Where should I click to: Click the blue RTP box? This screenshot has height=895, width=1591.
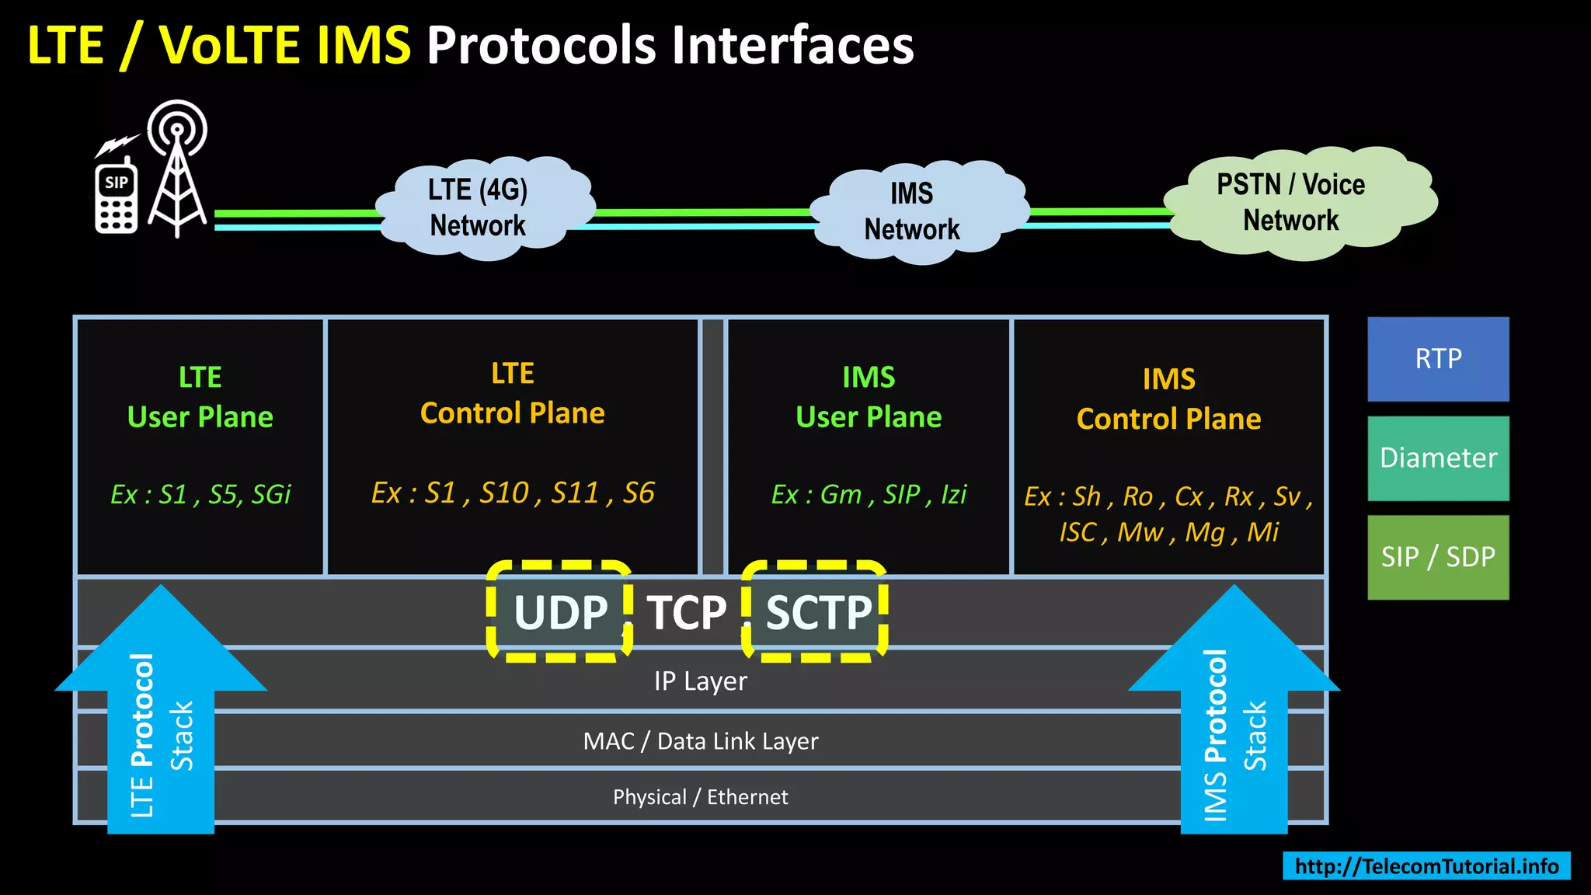pos(1438,359)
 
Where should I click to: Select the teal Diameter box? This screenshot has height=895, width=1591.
pos(1438,458)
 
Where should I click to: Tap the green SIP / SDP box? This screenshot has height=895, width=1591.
pos(1438,557)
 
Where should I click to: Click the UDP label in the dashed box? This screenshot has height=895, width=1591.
pos(560,613)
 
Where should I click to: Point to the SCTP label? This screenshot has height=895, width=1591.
pos(818,613)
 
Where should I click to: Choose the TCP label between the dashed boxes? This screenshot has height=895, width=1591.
pos(686,613)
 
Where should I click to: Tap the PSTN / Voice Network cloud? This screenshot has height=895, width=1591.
pos(1294,203)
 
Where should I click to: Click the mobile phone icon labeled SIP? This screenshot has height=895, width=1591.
pos(117,198)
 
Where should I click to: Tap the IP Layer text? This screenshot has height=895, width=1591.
pos(700,681)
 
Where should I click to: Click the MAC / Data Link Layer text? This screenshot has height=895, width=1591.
pos(700,741)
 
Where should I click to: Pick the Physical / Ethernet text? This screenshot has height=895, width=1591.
pos(700,797)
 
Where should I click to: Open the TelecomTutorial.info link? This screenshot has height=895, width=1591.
pos(1426,866)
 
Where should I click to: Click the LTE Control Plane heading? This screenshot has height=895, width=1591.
pos(512,394)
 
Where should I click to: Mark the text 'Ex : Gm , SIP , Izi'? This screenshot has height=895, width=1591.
pos(869,495)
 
